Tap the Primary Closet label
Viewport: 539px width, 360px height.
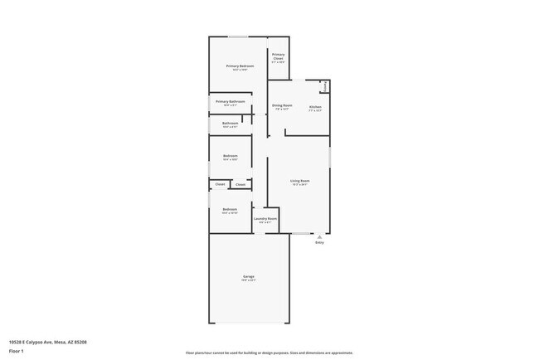tap(278, 56)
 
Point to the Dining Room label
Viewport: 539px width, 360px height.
tap(282, 105)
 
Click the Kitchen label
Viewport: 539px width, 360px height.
tap(315, 106)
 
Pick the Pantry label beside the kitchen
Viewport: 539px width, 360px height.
tap(325, 85)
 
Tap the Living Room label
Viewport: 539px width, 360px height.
tap(299, 181)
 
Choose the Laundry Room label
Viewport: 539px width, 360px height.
tap(265, 219)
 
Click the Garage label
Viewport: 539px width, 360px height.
tap(249, 276)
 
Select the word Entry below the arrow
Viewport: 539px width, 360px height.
tap(319, 243)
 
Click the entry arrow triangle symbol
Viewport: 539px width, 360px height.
tap(319, 236)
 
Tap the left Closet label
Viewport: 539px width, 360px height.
tap(221, 184)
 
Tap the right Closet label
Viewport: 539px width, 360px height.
tap(240, 184)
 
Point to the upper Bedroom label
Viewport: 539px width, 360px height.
tap(231, 156)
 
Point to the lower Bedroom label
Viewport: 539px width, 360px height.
tap(231, 210)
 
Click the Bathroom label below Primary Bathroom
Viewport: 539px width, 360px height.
tap(231, 124)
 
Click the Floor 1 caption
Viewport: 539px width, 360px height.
tap(17, 351)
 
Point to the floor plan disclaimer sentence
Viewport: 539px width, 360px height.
tap(269, 352)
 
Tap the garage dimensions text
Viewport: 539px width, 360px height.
tap(249, 280)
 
